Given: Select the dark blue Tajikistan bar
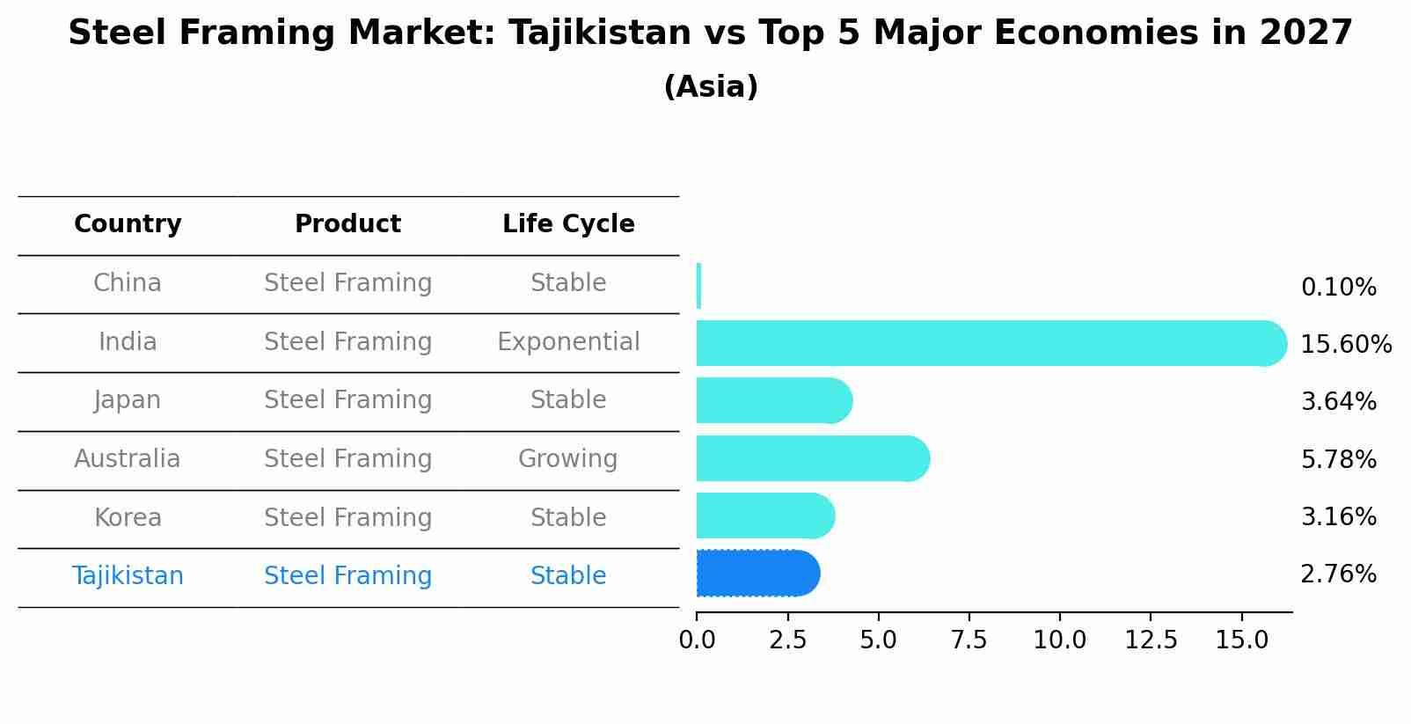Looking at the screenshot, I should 757,574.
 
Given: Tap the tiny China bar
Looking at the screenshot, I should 698,286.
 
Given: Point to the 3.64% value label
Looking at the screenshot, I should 1338,402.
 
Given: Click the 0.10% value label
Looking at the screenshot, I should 1338,288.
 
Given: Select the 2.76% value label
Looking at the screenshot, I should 1338,574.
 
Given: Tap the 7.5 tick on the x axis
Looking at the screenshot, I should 969,640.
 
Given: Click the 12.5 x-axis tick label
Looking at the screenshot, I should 1151,640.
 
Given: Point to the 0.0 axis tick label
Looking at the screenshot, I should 697,640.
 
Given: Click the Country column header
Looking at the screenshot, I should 128,224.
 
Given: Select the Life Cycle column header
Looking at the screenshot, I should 568,224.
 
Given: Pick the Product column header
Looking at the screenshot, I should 347,224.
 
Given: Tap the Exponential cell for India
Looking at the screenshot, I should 568,342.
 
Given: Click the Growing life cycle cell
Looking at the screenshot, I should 568,459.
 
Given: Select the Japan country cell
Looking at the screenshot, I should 128,400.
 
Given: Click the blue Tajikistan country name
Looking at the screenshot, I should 128,576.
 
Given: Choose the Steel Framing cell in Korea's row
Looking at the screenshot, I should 347,518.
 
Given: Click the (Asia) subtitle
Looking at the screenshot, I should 711,87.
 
